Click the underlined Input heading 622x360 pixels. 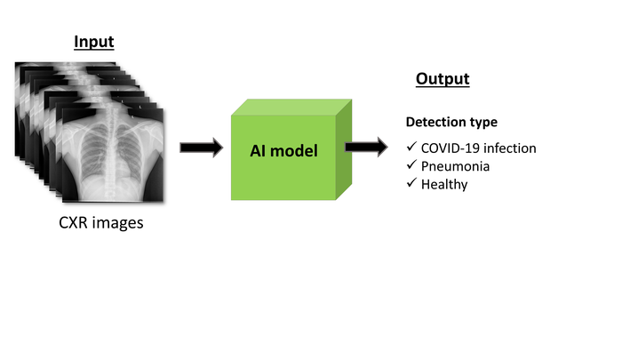coord(93,42)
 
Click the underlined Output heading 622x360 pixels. coord(442,79)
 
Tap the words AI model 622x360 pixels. coord(283,150)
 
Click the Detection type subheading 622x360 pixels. coord(451,122)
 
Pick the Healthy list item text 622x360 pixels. coord(445,184)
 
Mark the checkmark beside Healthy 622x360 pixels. coord(411,184)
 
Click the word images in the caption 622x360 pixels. coord(118,222)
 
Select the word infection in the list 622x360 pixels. coord(510,148)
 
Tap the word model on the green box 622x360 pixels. coord(298,150)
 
